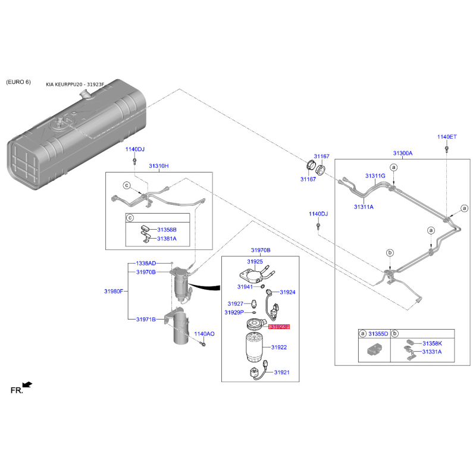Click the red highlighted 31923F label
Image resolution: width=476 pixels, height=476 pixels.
coord(278,327)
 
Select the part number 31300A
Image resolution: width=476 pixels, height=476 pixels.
coord(402,153)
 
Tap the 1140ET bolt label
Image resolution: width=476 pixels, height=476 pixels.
coord(447,137)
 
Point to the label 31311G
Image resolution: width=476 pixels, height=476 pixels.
coord(375,176)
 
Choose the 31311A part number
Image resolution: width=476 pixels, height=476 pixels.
coord(364,207)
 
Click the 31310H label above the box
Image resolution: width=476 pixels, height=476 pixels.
coord(159,165)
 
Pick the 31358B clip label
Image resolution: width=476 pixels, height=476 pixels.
coord(167,229)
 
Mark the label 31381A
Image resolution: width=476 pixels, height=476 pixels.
coord(167,238)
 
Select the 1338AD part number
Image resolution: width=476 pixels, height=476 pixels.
coord(146,263)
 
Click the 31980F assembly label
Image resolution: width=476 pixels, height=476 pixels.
coord(114,291)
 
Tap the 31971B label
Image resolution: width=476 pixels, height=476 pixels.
coord(146,320)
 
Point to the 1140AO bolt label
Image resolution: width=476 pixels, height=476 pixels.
coord(204,334)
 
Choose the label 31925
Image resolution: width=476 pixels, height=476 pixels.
coord(255,261)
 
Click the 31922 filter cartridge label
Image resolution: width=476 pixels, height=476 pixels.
coord(279,347)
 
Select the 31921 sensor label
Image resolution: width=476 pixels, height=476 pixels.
coord(281,372)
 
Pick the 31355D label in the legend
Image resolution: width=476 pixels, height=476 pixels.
coord(378,334)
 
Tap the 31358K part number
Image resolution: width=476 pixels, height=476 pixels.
coord(432,344)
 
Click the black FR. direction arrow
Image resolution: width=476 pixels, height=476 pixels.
coord(27,386)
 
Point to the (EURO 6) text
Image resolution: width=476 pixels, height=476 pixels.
coord(18,82)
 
